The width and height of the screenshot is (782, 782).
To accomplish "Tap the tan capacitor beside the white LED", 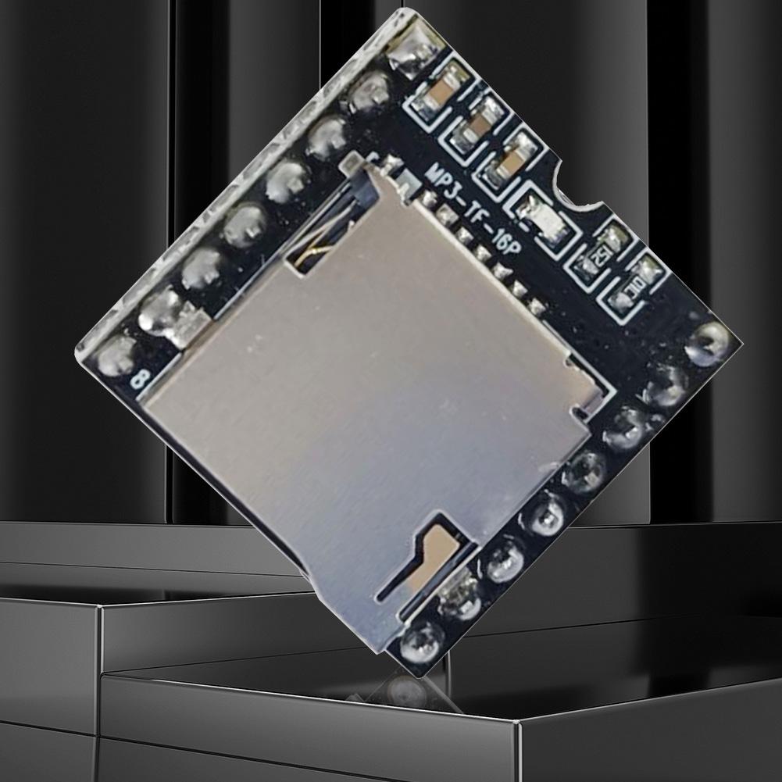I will (508, 164).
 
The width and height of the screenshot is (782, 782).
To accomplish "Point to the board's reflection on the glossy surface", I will (406, 691).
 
